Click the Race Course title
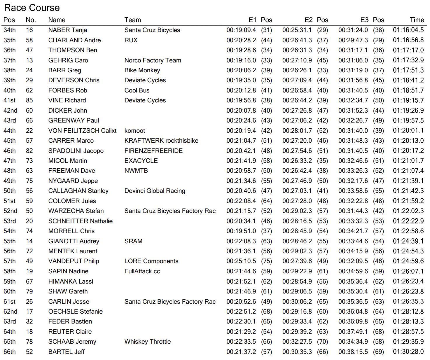click(x=32, y=8)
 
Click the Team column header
click(x=132, y=20)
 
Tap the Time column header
click(x=417, y=20)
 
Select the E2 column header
click(x=308, y=20)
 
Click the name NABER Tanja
click(x=67, y=30)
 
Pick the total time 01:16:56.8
click(x=408, y=40)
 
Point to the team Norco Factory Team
click(x=153, y=60)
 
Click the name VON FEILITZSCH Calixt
click(x=82, y=131)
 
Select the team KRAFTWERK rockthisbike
click(x=161, y=141)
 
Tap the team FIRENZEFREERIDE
click(x=153, y=151)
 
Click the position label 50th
click(x=10, y=191)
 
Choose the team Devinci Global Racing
click(x=155, y=191)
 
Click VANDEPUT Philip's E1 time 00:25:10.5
click(x=241, y=261)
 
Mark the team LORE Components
click(x=151, y=261)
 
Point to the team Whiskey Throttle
click(x=147, y=342)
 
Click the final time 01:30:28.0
click(x=408, y=352)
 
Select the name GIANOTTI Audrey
click(x=74, y=241)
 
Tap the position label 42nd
click(x=10, y=111)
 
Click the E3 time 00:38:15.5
click(x=353, y=352)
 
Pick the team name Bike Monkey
click(x=142, y=70)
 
